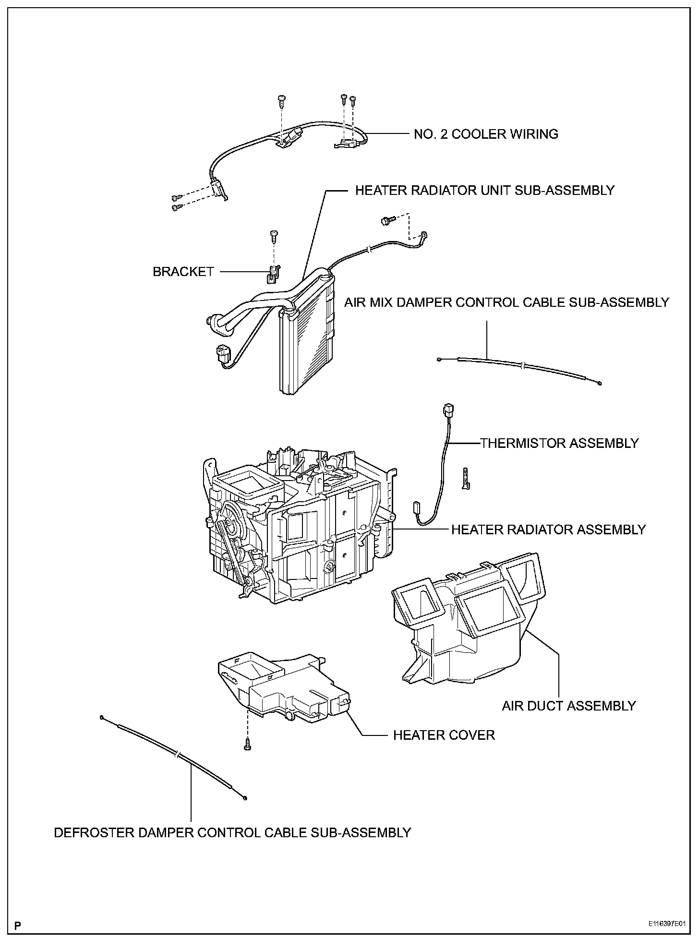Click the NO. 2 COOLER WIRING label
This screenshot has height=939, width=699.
[x=486, y=134]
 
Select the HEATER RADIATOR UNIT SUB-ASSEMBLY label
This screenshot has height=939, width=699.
[x=484, y=191]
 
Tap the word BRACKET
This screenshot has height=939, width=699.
[x=183, y=272]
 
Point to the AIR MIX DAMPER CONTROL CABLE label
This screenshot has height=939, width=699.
[x=506, y=302]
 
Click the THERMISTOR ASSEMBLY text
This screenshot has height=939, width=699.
[x=559, y=443]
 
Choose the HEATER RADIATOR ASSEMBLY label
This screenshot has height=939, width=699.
[x=548, y=530]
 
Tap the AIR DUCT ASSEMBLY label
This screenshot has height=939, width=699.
[x=568, y=706]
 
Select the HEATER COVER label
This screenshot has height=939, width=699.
[x=444, y=735]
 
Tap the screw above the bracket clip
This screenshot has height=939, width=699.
[x=274, y=236]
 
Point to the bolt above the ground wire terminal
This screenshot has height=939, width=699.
[x=387, y=221]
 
